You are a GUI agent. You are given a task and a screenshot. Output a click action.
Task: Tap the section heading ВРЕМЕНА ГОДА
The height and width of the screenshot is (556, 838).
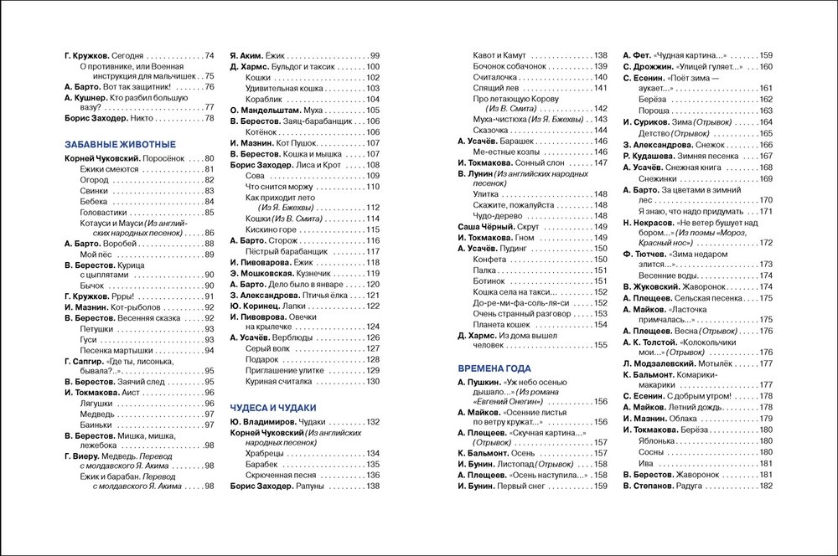click(494, 368)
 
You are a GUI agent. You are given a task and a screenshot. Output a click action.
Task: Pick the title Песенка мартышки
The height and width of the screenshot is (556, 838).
click(118, 350)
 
